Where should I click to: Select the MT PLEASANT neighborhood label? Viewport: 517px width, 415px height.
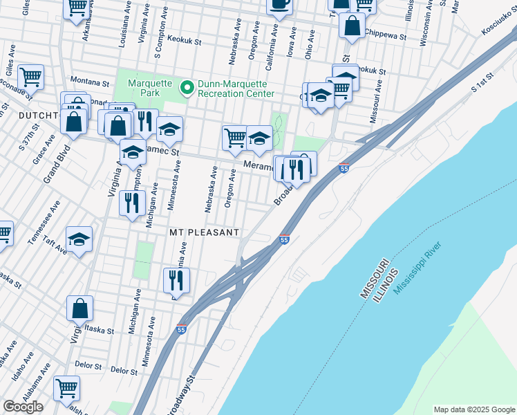(205, 232)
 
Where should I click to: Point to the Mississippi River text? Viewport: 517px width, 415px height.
(418, 268)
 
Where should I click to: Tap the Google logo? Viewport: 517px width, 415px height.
(23, 407)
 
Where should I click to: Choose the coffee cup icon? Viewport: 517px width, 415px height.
(279, 4)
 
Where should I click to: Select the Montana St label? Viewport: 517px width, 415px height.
(89, 82)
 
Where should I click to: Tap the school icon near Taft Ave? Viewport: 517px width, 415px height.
(79, 239)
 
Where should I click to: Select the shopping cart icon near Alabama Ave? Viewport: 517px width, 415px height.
(66, 387)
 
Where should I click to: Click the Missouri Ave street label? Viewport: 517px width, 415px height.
(374, 104)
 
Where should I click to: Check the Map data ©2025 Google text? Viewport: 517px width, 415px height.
(473, 409)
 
